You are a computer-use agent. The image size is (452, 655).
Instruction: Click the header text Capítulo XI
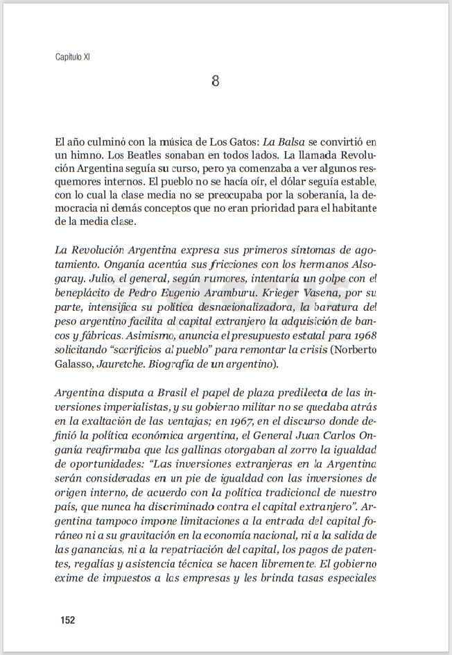(x=73, y=57)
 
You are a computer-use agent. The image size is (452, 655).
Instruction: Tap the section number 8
(x=216, y=81)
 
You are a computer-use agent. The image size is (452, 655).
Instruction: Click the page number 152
(x=68, y=620)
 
